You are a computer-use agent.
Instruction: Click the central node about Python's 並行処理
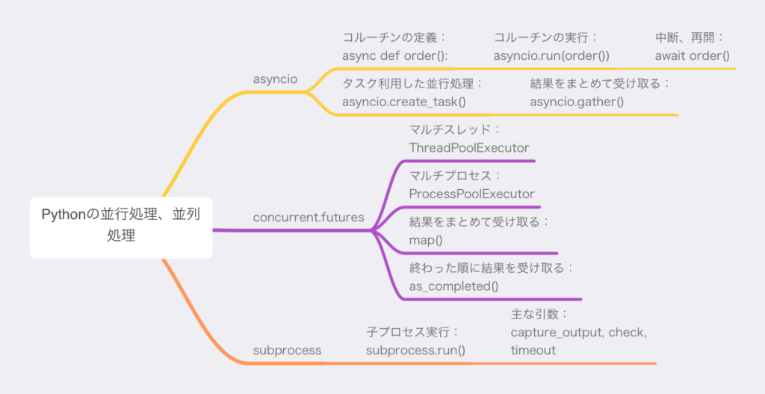pos(121,227)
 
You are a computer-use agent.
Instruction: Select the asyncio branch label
pos(275,79)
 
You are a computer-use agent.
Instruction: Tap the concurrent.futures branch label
pos(309,218)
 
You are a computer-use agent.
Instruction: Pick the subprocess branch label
pos(287,350)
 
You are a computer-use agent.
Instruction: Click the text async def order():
pos(394,56)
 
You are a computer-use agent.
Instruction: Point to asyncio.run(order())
pos(551,56)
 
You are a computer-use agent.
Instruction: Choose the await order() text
pos(692,56)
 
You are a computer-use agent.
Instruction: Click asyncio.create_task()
pos(404,102)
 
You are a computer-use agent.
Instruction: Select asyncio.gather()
pos(577,102)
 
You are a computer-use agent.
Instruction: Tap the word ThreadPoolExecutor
pos(469,148)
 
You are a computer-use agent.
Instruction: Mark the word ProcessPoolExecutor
pos(472,194)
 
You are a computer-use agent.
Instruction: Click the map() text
pos(426,240)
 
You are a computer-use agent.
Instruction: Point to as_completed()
pos(453,286)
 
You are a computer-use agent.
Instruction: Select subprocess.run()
pos(415,350)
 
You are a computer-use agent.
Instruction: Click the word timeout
pos(533,350)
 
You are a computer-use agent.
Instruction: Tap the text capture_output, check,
pos(579,333)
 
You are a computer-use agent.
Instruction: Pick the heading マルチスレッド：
pos(455,130)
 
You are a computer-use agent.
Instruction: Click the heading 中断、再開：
pos(689,38)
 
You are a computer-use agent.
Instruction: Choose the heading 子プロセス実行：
pos(412,332)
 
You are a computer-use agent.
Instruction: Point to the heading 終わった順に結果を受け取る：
pos(490,268)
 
